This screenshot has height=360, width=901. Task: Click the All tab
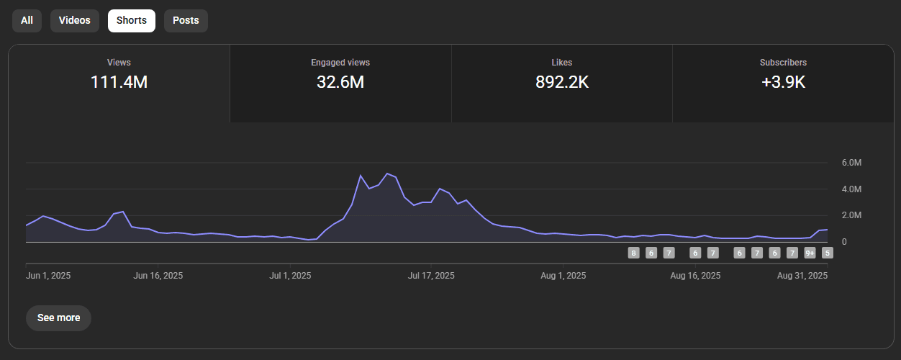pos(27,20)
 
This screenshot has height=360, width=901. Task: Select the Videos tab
pos(75,20)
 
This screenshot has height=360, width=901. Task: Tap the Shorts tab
pos(132,20)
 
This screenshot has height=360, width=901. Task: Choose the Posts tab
pos(186,20)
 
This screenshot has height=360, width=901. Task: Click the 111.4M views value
pos(119,82)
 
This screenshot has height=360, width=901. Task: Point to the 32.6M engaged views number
pos(340,82)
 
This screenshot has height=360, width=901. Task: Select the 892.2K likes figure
pos(562,82)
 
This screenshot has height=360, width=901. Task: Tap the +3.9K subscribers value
pos(783,82)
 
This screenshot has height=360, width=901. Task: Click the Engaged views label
pos(340,63)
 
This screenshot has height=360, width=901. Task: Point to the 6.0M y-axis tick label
pos(851,163)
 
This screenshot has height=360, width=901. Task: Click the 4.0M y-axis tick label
pos(851,189)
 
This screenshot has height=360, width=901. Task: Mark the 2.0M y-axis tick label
pos(851,215)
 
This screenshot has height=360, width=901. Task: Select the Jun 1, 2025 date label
pos(48,276)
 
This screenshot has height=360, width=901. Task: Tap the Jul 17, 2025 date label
pos(431,276)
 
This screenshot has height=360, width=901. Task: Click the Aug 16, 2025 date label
pos(694,276)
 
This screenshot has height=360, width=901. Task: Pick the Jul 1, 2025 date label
pos(290,276)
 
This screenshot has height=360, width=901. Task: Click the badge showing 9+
pos(810,253)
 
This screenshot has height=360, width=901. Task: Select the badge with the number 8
pos(633,253)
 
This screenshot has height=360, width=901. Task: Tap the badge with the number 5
pos(828,253)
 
